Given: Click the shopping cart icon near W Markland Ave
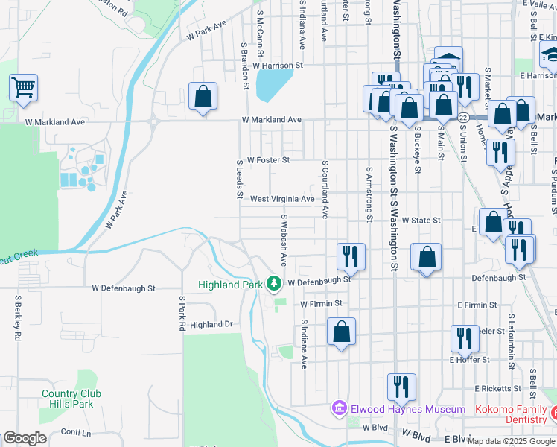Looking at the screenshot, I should tap(23, 87).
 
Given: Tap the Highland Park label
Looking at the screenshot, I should tap(231, 285).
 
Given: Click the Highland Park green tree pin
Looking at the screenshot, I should tap(274, 284).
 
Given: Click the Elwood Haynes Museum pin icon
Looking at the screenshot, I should tap(339, 409).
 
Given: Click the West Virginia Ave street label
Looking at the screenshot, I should tap(282, 199).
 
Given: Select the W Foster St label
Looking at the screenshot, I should tap(268, 159).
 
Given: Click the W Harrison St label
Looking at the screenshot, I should tap(278, 66).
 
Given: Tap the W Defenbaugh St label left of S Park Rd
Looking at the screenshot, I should tap(124, 288).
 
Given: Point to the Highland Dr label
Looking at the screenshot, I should tap(211, 325).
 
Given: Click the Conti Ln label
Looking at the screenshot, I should tap(76, 432).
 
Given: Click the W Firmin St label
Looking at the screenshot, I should tap(321, 304).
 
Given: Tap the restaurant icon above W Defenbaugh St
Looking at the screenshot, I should tap(348, 256).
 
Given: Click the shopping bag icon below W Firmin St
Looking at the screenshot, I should tap(341, 332).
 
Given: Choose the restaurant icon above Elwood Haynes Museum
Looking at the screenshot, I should tap(401, 387).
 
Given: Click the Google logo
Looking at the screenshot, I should tap(25, 439).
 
